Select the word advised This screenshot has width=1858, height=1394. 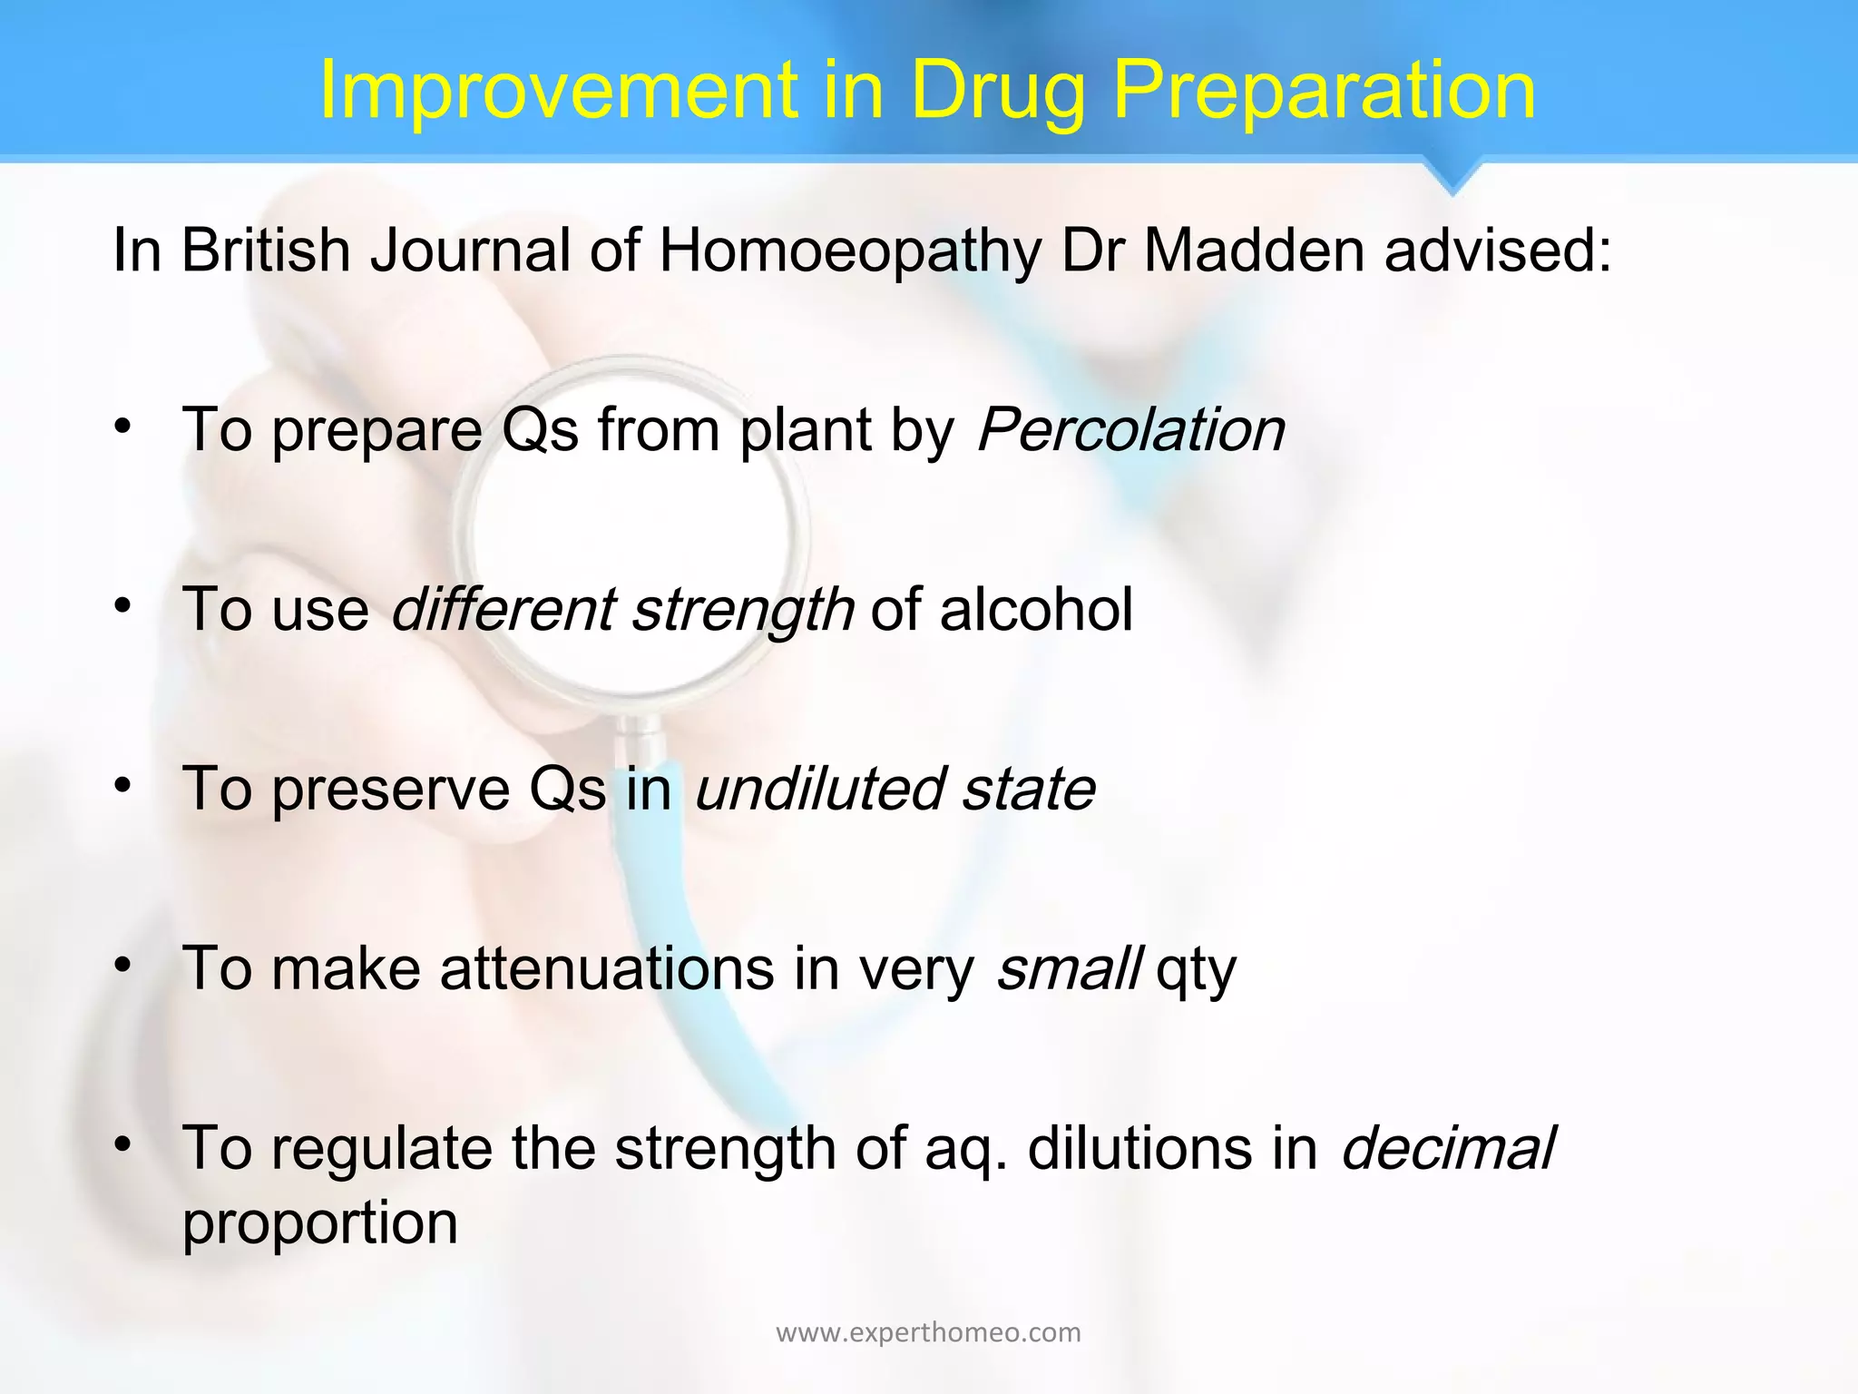[x=1498, y=250]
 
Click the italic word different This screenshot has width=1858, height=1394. [x=503, y=608]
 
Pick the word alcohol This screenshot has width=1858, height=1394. [x=1036, y=608]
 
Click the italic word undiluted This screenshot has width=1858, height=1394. [x=818, y=788]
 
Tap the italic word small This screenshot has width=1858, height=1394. [x=1068, y=967]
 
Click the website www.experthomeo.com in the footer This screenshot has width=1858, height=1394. [x=928, y=1332]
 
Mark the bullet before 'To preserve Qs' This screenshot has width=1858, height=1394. [x=124, y=784]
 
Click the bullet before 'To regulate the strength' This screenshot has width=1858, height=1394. [x=124, y=1144]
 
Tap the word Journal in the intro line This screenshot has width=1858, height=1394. [x=470, y=250]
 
